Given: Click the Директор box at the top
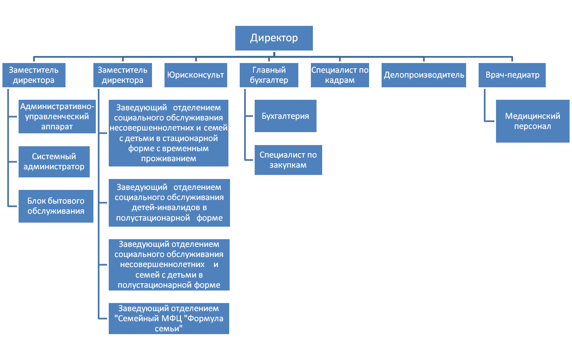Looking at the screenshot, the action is pos(274,38).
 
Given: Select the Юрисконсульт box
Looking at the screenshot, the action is pos(196,75).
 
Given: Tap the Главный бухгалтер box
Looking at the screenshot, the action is pos(269,75).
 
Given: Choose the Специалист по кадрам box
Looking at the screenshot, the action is pos(340,75).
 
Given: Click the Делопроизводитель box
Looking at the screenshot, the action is pos(424,75).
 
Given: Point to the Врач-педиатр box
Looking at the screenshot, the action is pos(512,75).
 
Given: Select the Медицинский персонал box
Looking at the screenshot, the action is pos(533,121).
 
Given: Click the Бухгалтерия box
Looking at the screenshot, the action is pos(285,116).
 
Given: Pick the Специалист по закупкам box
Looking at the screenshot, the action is pos(288,160).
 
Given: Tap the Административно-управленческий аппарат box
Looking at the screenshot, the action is pos(57,116).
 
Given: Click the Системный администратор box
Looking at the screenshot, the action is pos(54,162).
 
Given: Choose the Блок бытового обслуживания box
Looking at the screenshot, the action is pos(56,206).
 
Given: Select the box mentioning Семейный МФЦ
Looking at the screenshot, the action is pos(169,318).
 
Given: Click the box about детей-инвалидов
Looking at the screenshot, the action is pos(169,203).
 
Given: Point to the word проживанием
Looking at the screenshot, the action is pos(169,158).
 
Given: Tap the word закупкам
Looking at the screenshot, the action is pos(288,165).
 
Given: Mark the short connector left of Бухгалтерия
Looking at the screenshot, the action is pos(249,116).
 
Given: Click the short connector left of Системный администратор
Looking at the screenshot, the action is pos(13,162).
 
